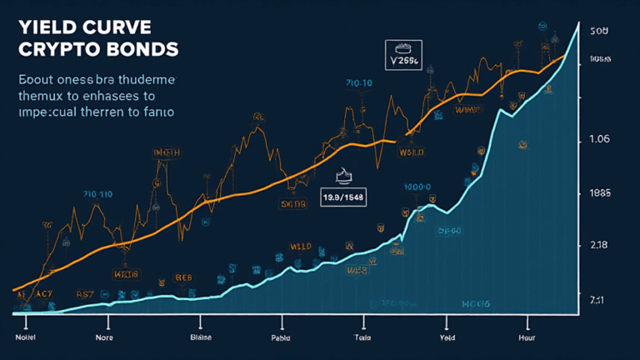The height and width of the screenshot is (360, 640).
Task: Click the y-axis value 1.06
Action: (600, 139)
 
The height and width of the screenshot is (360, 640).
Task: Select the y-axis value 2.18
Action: (600, 245)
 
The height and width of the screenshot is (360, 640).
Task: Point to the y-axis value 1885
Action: (600, 193)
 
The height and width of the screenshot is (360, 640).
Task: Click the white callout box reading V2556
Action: (404, 61)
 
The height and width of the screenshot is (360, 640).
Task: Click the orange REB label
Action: (182, 276)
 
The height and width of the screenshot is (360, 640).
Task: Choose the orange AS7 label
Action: (86, 294)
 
